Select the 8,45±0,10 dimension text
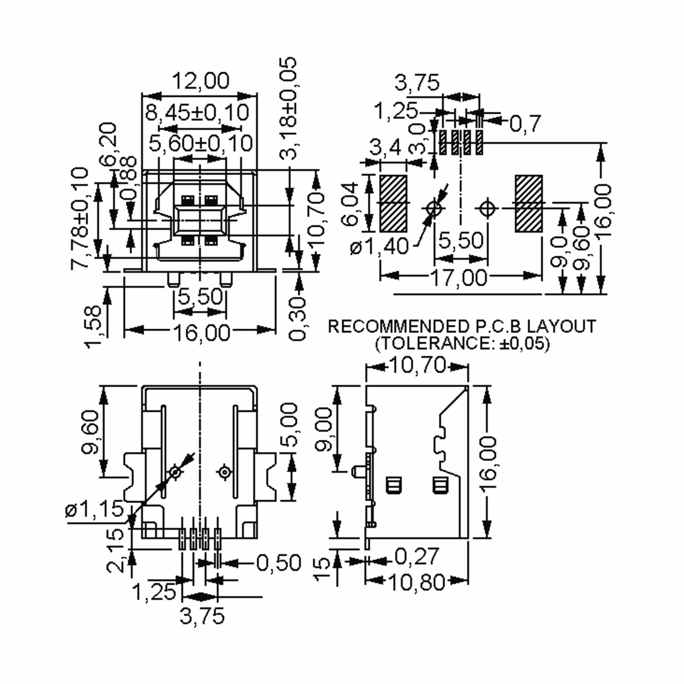[x=197, y=112]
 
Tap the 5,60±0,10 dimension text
[x=200, y=143]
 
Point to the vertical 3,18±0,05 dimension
[x=288, y=108]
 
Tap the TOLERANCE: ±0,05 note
[x=462, y=343]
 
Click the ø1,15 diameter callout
[x=94, y=510]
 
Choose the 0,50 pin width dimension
[x=278, y=563]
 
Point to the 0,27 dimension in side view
[x=416, y=557]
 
